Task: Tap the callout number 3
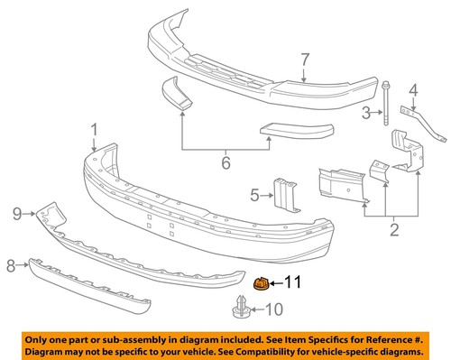367,113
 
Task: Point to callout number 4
414,89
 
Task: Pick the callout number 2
393,231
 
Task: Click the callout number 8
12,265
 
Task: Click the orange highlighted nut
261,285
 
